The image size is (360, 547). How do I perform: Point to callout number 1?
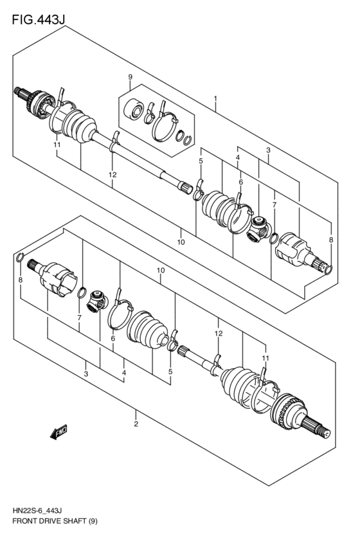[x=215, y=100]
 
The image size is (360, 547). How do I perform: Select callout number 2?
[x=136, y=424]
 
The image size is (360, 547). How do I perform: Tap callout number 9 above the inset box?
[x=130, y=78]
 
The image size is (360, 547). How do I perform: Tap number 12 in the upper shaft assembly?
[x=113, y=174]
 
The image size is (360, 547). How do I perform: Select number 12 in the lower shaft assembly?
[x=219, y=333]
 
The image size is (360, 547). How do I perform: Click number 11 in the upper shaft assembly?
[x=57, y=145]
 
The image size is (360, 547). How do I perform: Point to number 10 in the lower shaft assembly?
[x=160, y=271]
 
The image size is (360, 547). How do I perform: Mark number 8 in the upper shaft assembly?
[x=331, y=240]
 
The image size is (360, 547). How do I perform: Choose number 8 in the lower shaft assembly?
[x=21, y=280]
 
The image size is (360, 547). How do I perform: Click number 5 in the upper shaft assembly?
[x=201, y=161]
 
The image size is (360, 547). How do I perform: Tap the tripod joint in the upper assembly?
[x=258, y=229]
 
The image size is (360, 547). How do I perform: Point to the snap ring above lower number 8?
[x=20, y=258]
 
